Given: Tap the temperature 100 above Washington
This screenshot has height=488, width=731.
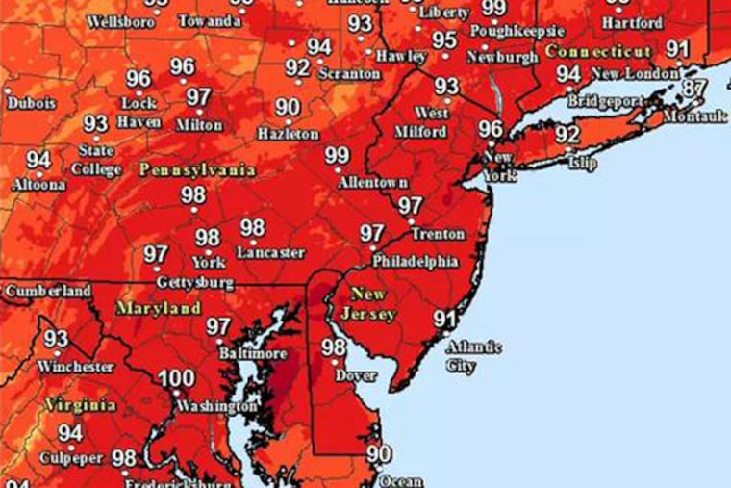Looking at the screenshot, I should tap(176, 378).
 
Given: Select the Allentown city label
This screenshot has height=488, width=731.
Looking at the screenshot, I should tap(373, 182).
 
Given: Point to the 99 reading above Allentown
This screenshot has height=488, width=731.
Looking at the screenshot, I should tap(338, 155).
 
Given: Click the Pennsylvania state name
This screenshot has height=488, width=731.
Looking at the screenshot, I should tap(197, 169).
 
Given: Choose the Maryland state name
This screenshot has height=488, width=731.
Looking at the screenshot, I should tap(159, 309).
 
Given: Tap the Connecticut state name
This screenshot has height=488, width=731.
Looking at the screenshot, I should tap(597, 50).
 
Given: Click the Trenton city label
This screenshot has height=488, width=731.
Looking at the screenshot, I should tap(438, 234).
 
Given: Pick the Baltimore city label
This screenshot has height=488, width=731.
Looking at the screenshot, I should tap(256, 354).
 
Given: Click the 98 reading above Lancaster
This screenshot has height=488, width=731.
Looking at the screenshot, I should tap(252, 228).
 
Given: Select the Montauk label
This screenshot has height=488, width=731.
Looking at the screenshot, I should tap(695, 116).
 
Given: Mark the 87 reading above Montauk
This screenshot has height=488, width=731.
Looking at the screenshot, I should tap(694, 89).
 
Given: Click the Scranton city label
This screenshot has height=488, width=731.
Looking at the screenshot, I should tap(342, 71).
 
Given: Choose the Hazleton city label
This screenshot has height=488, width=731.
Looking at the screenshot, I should tap(286, 134).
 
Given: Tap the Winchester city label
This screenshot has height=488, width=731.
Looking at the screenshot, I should tap(76, 367).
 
